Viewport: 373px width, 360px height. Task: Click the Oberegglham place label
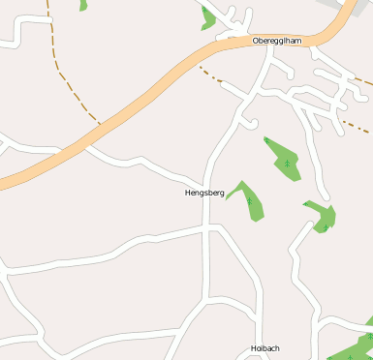click(277, 41)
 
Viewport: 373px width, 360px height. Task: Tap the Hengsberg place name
click(204, 194)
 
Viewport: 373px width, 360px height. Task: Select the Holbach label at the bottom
click(264, 348)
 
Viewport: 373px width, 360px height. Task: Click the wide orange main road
click(145, 98)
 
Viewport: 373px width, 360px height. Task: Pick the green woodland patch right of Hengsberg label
click(249, 199)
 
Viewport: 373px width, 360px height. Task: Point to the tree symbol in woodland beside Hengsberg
click(249, 201)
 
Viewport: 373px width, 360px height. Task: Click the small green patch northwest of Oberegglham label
click(207, 16)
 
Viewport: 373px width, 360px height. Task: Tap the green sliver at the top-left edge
click(83, 5)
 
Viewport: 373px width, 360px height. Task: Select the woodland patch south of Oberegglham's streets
click(284, 159)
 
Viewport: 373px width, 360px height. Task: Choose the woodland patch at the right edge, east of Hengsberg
click(323, 217)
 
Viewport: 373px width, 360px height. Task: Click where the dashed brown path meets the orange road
click(99, 123)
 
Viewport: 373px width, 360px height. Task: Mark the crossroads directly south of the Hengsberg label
click(207, 226)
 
